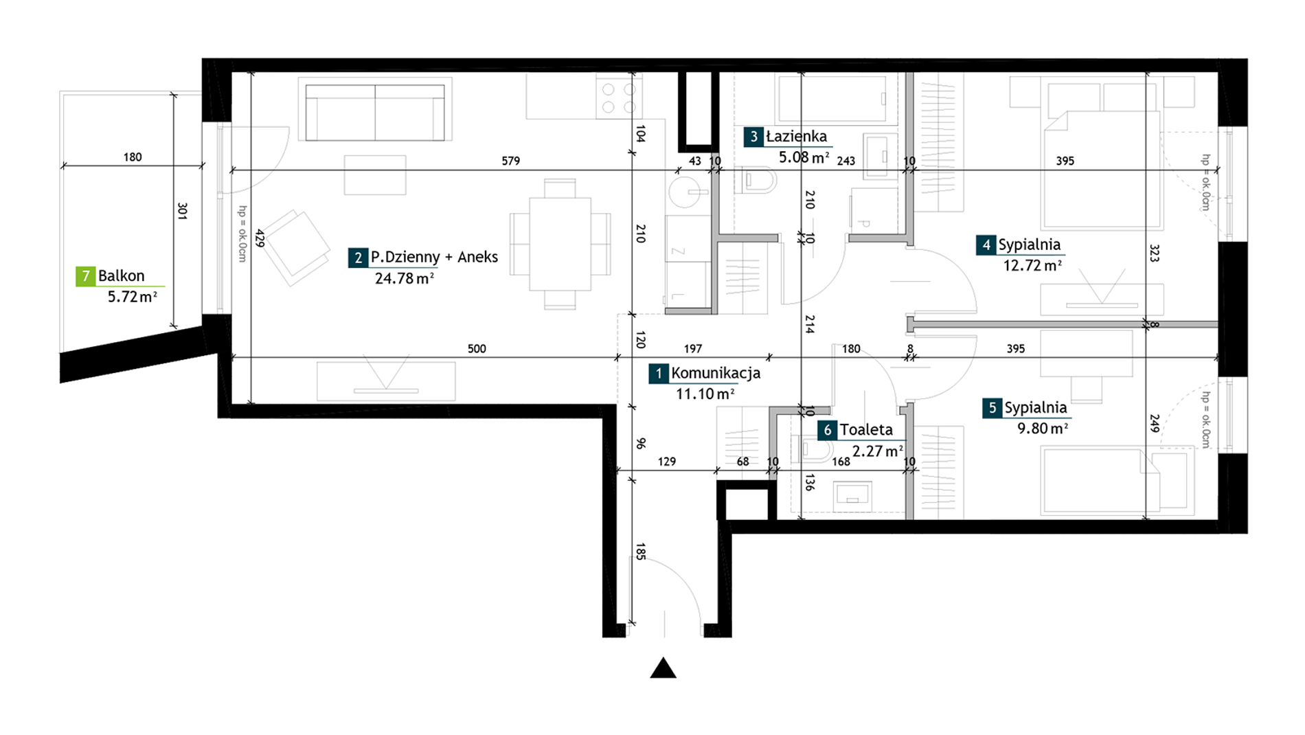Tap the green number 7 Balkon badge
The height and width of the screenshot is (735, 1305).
pos(86,276)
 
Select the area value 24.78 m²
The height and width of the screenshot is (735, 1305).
pos(405,278)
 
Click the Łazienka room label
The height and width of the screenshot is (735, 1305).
pos(797,137)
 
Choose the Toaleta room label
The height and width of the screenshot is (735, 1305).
pos(866,430)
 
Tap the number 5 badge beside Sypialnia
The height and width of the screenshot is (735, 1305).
pos(992,408)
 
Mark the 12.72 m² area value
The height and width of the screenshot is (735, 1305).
pos(1032,265)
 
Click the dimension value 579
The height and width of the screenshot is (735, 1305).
pos(511,161)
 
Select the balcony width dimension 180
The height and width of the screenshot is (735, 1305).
pos(133,157)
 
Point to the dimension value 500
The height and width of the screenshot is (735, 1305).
pos(477,349)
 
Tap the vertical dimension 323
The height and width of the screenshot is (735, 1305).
pos(1154,253)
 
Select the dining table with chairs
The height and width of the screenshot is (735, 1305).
pos(560,244)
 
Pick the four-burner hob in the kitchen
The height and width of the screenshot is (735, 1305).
pos(618,98)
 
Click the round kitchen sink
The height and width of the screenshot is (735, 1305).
pos(685,192)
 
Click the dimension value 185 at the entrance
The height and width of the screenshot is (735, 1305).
pos(640,552)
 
